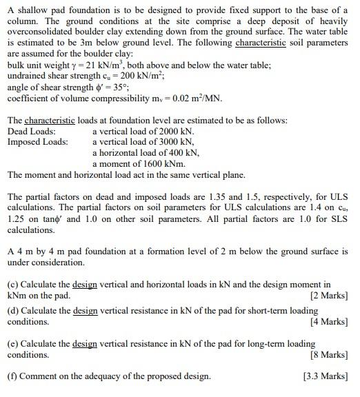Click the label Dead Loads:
31,131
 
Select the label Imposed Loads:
37,142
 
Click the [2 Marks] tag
330,296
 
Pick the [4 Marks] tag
330,322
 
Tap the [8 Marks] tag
330,355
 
